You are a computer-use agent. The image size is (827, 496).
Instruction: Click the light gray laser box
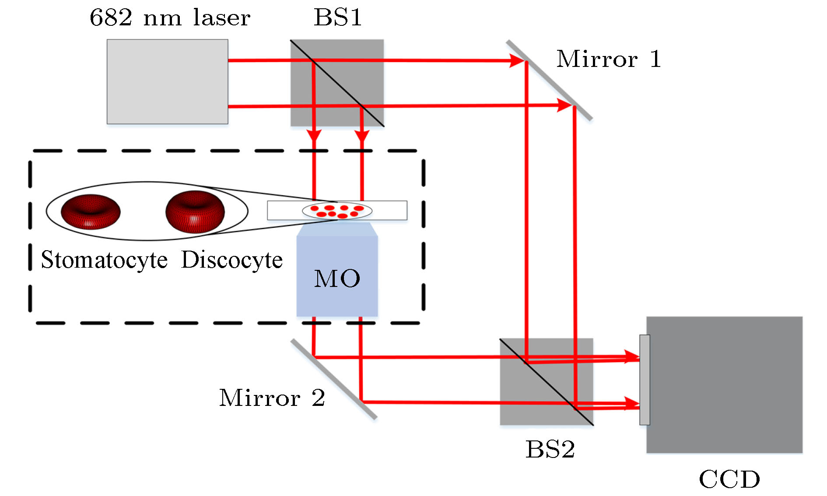tap(167, 82)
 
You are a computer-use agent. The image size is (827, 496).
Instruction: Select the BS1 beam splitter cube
tap(337, 83)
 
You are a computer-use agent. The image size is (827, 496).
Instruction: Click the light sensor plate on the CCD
tap(645, 380)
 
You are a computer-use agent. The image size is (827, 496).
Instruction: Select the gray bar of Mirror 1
tap(549, 80)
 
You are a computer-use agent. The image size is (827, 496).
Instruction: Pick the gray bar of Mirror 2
tap(333, 379)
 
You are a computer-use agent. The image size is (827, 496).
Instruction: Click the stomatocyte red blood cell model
tap(91, 212)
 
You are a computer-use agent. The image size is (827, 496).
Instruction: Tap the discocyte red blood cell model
tap(195, 211)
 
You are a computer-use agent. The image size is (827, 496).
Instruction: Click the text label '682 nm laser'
tap(170, 18)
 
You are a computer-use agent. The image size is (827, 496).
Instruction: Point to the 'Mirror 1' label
tap(608, 59)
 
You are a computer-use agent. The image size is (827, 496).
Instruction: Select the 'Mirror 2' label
tap(272, 398)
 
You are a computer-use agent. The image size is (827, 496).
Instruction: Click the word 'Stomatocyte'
tap(104, 260)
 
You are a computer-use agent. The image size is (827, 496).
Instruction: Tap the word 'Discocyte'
tap(232, 260)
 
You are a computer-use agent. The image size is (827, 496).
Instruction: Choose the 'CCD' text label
tap(729, 479)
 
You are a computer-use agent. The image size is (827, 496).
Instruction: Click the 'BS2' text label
tap(550, 449)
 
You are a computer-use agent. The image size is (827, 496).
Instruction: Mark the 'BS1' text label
tap(338, 18)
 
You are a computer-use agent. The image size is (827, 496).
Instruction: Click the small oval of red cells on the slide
tap(337, 211)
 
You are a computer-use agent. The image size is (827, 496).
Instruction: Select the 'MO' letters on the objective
tap(337, 278)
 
